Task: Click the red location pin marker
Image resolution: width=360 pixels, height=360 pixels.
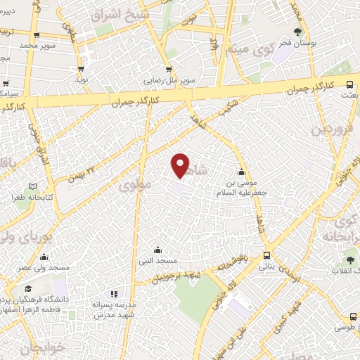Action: tap(181, 165)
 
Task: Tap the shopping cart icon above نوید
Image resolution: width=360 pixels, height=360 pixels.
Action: tap(81, 68)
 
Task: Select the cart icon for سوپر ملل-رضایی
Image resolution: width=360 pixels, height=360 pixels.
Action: tap(169, 69)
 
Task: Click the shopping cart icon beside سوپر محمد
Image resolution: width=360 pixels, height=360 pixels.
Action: tap(36, 35)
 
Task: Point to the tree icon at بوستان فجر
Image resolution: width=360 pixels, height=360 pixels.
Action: tap(298, 32)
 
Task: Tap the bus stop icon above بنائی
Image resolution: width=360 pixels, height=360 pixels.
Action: tap(266, 256)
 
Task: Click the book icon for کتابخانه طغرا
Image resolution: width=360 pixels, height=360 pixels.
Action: tap(31, 186)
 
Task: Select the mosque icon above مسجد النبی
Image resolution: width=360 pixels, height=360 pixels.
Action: tap(157, 250)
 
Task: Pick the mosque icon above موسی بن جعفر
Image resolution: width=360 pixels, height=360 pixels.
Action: tap(242, 172)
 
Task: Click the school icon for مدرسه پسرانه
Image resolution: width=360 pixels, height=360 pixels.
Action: tap(113, 295)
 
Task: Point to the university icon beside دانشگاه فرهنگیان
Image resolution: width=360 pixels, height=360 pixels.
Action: tap(29, 289)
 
